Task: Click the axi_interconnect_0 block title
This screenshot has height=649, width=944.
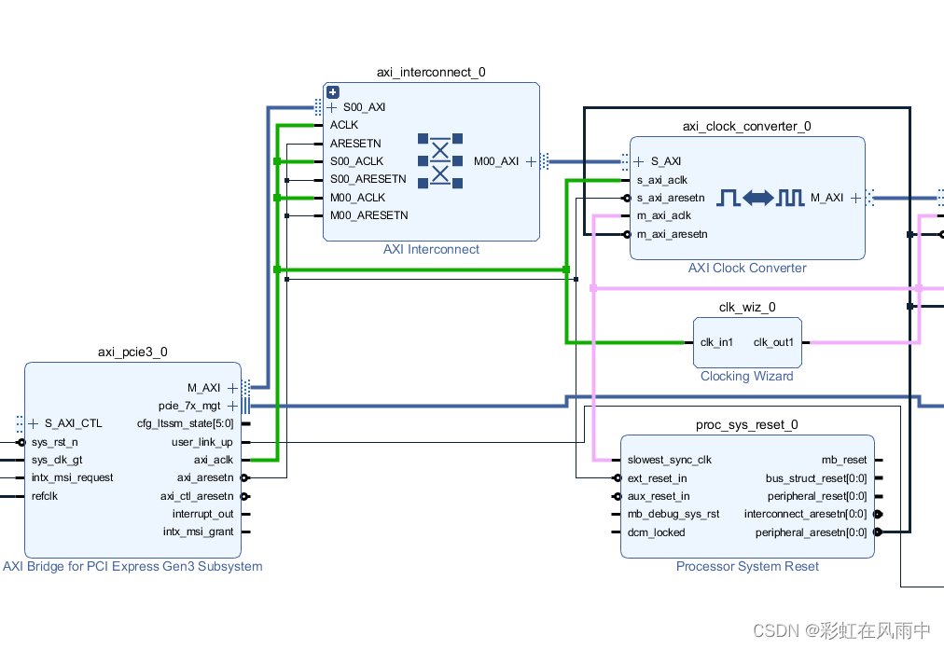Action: tap(431, 72)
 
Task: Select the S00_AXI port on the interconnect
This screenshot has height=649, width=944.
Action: tap(364, 107)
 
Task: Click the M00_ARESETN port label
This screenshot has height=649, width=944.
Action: tap(368, 215)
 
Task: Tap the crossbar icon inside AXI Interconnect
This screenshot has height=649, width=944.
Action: tap(440, 161)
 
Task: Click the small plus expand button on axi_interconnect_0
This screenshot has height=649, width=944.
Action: tap(332, 92)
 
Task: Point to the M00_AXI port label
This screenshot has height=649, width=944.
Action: tap(496, 161)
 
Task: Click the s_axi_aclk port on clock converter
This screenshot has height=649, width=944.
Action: tap(661, 180)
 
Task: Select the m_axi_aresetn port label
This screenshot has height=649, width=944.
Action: tap(672, 234)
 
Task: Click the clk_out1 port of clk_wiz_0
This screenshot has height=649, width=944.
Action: tap(773, 342)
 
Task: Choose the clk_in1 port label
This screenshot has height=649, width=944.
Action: tap(716, 342)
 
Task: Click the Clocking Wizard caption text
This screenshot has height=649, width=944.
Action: tap(746, 376)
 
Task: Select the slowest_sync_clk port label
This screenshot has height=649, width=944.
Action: tap(669, 460)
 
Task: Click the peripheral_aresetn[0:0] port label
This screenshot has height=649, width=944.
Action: tap(811, 532)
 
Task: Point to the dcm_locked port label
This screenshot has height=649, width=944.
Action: tap(656, 532)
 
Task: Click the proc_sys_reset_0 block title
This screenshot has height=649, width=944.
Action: tap(746, 424)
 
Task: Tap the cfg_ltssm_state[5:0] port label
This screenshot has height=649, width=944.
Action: tap(185, 423)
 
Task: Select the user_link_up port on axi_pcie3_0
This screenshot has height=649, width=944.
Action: tap(201, 442)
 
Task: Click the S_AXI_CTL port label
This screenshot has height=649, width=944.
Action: tap(73, 423)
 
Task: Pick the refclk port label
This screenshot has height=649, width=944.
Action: tap(44, 496)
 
